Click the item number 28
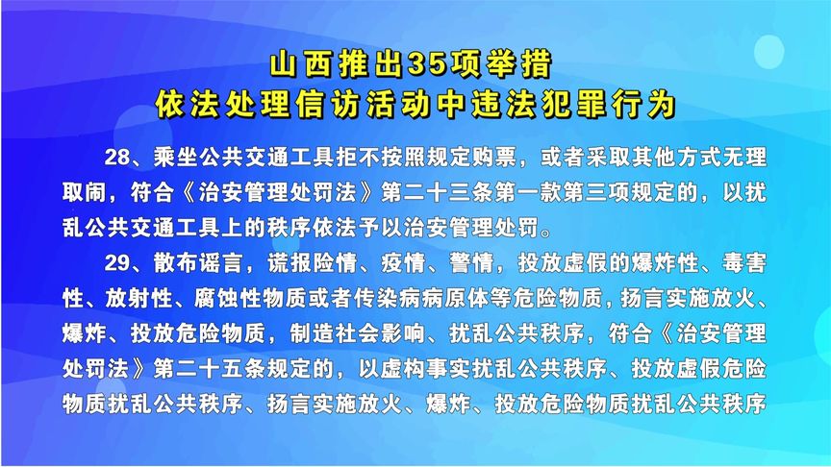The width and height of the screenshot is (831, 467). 114,157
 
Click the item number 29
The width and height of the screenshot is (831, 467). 114,260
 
